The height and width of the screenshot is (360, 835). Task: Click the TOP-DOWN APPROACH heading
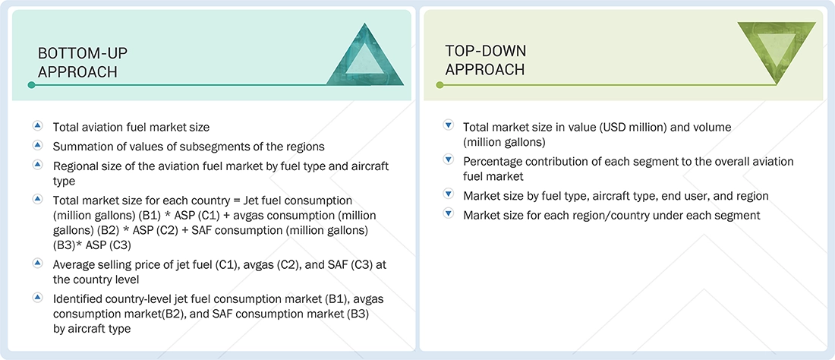485,60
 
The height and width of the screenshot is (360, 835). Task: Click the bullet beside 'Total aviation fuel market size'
37,126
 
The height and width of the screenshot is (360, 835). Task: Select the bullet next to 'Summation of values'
37,145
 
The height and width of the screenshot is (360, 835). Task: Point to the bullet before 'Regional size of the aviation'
37,164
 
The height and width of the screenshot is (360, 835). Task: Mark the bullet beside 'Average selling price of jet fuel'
37,262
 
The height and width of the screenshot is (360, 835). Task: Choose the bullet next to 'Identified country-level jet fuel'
37,298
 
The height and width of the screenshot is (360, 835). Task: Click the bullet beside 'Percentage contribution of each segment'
448,160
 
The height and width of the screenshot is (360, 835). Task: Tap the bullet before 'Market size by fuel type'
448,194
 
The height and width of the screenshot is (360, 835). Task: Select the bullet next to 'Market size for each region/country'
448,214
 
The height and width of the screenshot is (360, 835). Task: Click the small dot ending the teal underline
31,85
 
